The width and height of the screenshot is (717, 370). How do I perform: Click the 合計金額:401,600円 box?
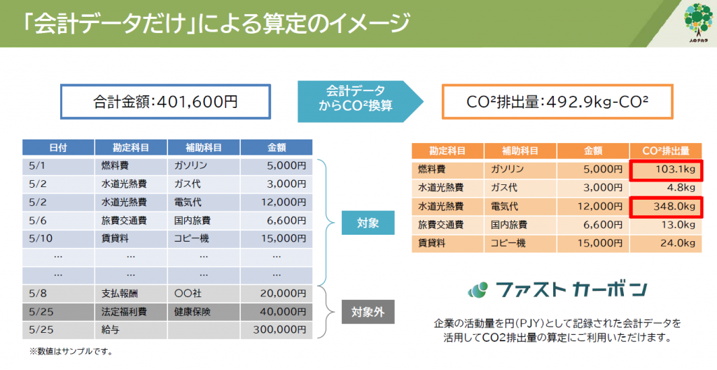[x=165, y=102]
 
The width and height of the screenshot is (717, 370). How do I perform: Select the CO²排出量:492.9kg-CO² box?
[x=557, y=102]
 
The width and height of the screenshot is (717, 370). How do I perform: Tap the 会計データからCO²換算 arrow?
[x=361, y=102]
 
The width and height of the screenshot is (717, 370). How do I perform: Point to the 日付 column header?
[x=58, y=147]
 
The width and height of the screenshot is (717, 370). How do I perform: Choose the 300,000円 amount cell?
[x=277, y=329]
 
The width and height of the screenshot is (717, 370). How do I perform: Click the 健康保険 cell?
[x=204, y=312]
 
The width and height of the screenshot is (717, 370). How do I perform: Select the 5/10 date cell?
[x=58, y=238]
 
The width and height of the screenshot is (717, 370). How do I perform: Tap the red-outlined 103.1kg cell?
[x=666, y=170]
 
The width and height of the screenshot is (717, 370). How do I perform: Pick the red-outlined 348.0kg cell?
[x=666, y=207]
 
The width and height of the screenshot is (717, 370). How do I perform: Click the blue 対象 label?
[x=368, y=223]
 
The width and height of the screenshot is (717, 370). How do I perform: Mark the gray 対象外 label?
[x=368, y=313]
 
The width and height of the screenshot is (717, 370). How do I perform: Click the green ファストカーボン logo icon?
[x=478, y=289]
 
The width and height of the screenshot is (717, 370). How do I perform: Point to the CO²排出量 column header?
[x=666, y=151]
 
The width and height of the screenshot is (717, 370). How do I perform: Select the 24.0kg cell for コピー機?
[x=666, y=244]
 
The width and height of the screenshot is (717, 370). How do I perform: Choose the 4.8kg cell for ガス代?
[x=666, y=188]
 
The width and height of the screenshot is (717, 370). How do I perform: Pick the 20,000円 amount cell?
[x=277, y=294]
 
